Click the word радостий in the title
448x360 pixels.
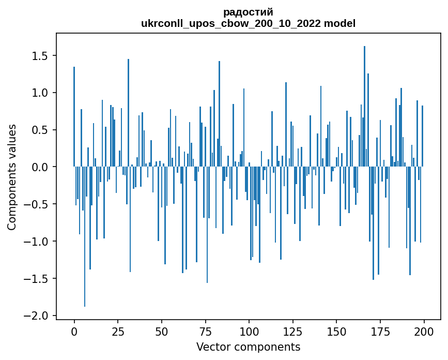(248, 12)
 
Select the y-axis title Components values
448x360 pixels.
(12, 177)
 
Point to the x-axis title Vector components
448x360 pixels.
(248, 347)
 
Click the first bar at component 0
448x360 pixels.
(74, 117)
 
